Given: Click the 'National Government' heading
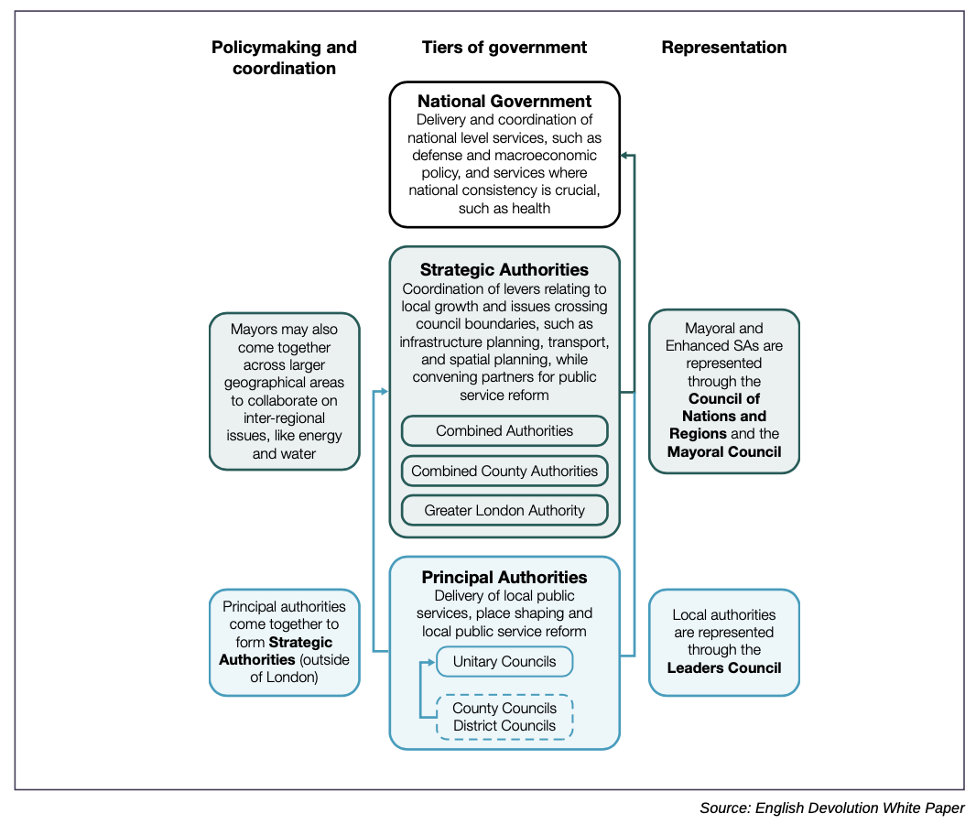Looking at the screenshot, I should click(504, 101).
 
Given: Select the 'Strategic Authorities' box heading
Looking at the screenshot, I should click(504, 269).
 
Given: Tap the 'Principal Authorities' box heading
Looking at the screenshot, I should click(504, 577).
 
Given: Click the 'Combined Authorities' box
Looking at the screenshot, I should click(504, 430).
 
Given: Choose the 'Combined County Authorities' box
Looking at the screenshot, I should click(504, 471).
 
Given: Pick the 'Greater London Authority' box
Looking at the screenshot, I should click(504, 510).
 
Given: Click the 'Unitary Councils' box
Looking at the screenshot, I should click(504, 661).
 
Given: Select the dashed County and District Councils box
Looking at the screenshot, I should click(504, 717).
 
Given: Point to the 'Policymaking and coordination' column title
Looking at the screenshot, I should click(284, 58).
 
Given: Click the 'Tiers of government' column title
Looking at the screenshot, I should click(504, 48).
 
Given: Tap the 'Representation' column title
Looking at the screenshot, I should click(724, 48).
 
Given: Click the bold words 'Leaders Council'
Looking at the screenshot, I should click(724, 667).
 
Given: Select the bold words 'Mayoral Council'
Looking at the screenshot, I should click(724, 451).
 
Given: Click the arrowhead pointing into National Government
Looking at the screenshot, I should click(624, 155).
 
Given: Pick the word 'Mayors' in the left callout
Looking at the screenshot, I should click(253, 330).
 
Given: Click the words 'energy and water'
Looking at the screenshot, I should click(285, 445).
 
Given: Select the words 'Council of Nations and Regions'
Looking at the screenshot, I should click(724, 416).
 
